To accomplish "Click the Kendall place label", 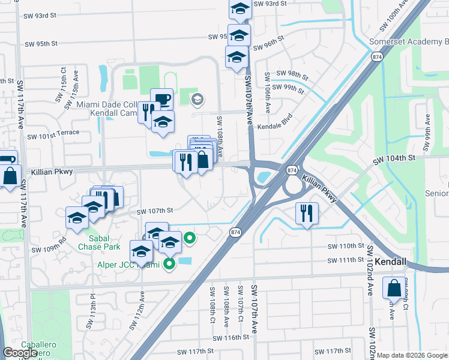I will pos(391,262).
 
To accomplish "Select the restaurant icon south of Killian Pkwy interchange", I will pos(307,212).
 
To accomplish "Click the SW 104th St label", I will pos(394,158).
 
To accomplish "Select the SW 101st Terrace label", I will pos(54,133).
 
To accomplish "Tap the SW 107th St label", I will pos(154,211).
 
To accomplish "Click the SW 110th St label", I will pos(346,247).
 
